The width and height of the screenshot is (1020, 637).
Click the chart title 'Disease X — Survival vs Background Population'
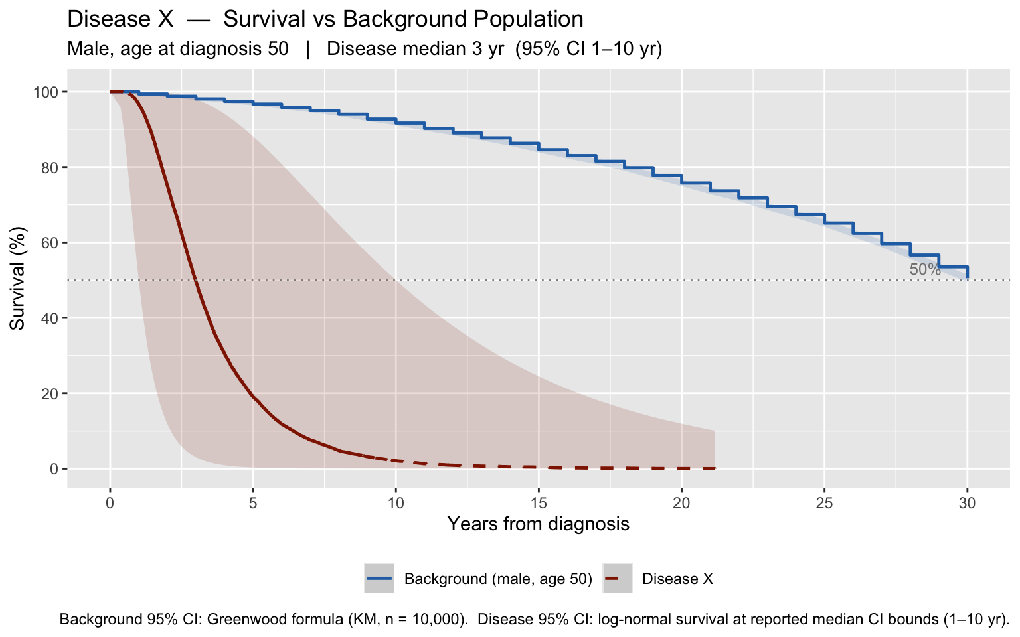325,19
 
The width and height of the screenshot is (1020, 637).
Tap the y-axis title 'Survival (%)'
17,279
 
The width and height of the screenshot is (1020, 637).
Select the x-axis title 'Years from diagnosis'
539,524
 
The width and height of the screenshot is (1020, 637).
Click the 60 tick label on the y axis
50,242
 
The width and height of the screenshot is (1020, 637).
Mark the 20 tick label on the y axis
50,393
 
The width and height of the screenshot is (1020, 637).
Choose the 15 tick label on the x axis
539,503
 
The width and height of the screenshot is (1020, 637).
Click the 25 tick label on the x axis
824,503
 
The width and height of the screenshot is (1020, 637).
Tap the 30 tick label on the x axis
967,503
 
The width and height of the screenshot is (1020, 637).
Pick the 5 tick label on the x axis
253,503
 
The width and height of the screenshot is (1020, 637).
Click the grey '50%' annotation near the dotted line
925,269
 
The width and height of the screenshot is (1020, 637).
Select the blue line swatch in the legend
379,579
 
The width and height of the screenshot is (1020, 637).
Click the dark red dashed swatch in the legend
618,579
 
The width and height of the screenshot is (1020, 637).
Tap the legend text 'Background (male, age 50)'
498,579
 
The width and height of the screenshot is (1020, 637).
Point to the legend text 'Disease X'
677,579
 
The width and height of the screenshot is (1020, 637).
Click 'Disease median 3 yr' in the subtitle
415,48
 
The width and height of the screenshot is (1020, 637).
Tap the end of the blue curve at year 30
967,277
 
